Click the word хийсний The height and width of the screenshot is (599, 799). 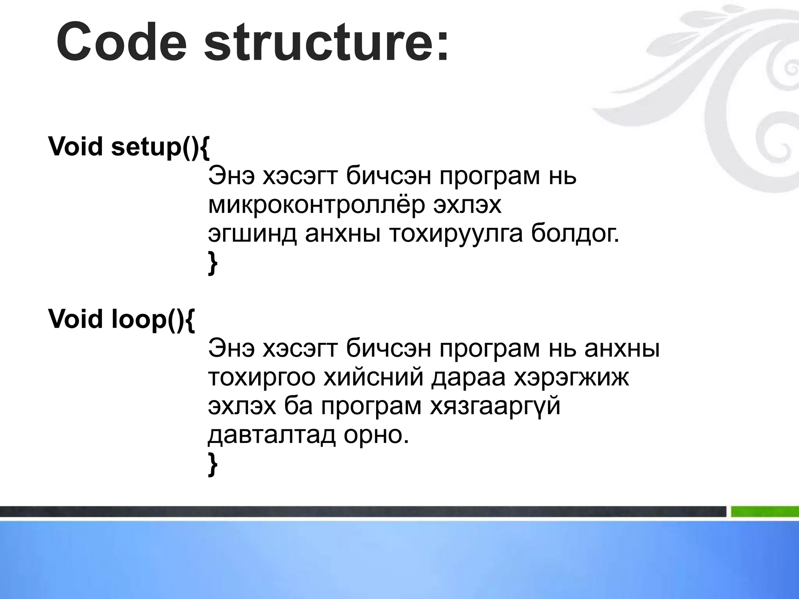pos(373,377)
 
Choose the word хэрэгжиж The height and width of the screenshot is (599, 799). pos(571,377)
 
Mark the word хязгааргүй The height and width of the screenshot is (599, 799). pos(495,406)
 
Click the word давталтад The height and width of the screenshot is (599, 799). pos(271,435)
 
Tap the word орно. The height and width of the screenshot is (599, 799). pos(376,435)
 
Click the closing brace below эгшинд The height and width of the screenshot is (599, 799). pos(213,264)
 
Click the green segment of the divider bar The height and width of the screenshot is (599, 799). pos(765,512)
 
